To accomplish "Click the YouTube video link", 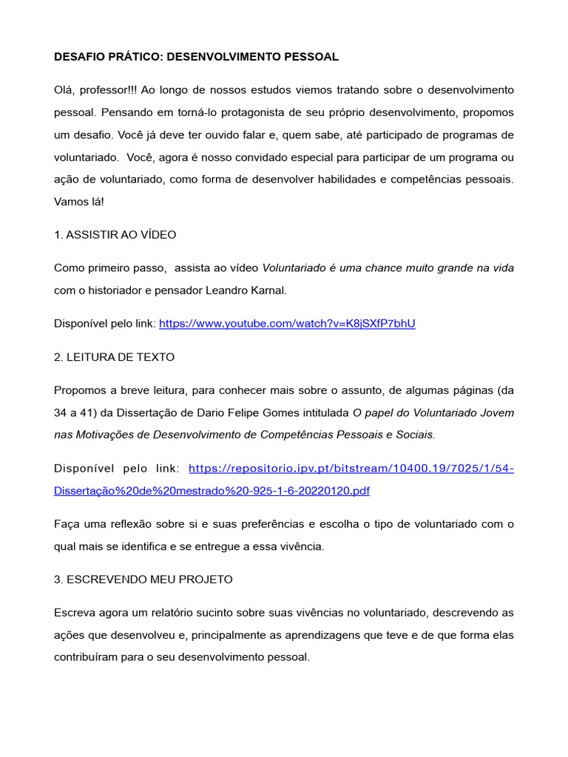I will pos(287,324).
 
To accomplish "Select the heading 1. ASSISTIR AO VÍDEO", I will pos(115,234).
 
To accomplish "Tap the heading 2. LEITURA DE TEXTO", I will pos(115,357).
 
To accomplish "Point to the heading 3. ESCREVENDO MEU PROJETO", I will pos(143,580).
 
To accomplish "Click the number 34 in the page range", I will pos(61,413).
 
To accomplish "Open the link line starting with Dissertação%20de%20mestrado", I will pos(212,490).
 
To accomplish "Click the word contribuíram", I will pos(87,657).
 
